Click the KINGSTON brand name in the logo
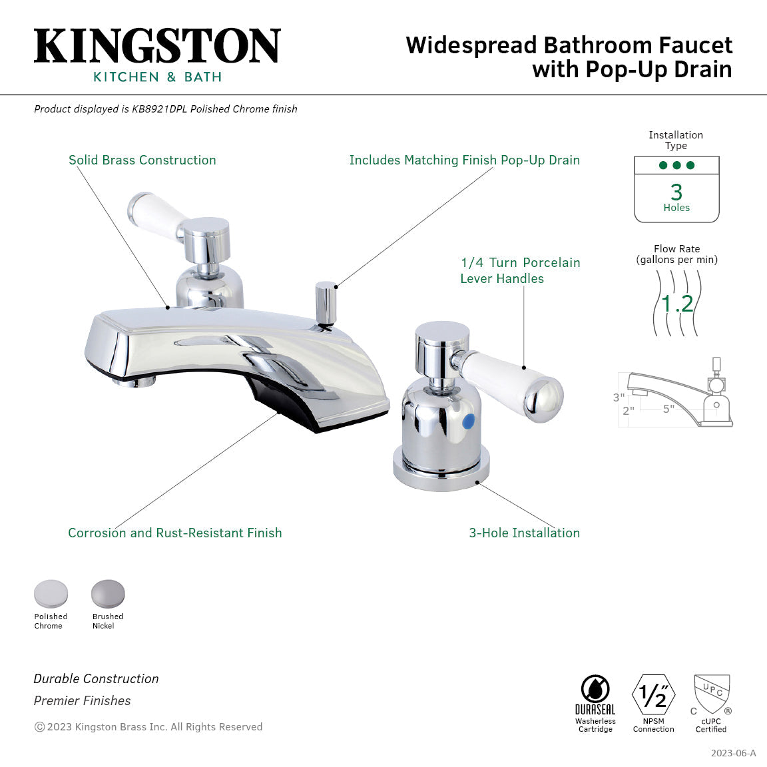coord(157,46)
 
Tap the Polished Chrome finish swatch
coord(51,593)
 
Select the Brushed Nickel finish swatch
coord(108,593)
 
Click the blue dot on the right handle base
coord(469,421)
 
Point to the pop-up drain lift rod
coord(326,303)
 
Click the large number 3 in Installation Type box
coord(676,192)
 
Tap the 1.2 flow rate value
coord(678,304)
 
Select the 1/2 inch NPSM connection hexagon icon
coord(653,695)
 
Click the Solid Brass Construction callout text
coord(142,160)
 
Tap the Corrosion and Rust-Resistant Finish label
coord(175,533)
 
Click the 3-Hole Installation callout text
coord(525,533)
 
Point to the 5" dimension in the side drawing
coord(668,409)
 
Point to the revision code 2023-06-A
coord(733,753)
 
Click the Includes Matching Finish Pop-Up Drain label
coord(465,160)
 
